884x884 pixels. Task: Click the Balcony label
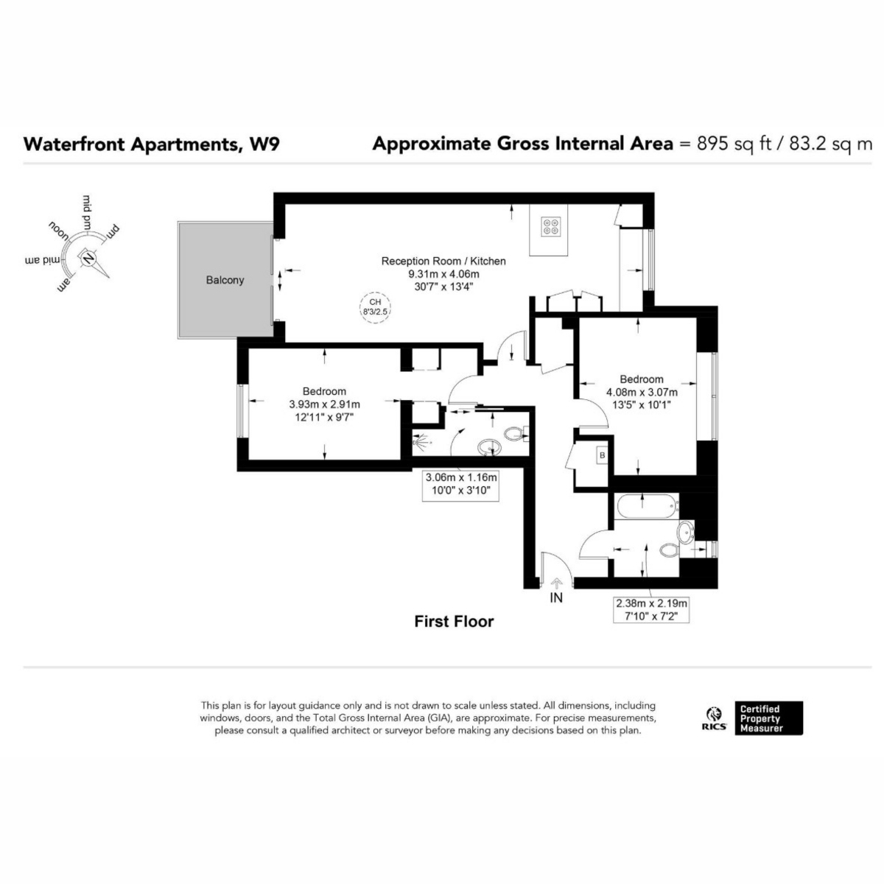pyautogui.click(x=225, y=281)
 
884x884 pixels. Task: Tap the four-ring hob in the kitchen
pyautogui.click(x=550, y=226)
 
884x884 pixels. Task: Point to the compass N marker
pyautogui.click(x=88, y=259)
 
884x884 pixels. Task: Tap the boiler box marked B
pyautogui.click(x=602, y=456)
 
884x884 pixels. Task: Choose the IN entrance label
pyautogui.click(x=556, y=597)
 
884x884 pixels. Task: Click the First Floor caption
pyautogui.click(x=454, y=622)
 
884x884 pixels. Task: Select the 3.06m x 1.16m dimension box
pyautogui.click(x=461, y=483)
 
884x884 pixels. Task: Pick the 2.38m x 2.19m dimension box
pyautogui.click(x=651, y=608)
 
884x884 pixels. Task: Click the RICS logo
pyautogui.click(x=714, y=718)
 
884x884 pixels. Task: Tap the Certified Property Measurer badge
pyautogui.click(x=769, y=718)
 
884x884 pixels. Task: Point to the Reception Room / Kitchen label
pyautogui.click(x=443, y=261)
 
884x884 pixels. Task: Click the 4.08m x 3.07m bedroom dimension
pyautogui.click(x=641, y=393)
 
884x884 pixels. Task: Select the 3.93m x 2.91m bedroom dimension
pyautogui.click(x=324, y=404)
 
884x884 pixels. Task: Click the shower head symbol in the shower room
pyautogui.click(x=420, y=443)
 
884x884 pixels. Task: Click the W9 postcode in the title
pyautogui.click(x=264, y=144)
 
